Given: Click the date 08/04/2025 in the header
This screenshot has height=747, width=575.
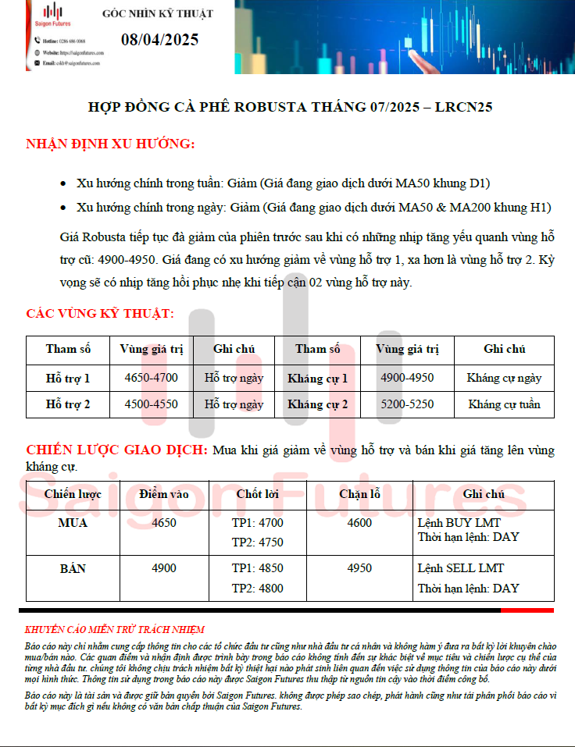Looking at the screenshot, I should click(x=159, y=40).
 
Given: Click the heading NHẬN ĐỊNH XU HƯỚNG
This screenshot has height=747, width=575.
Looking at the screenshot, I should click(x=110, y=144).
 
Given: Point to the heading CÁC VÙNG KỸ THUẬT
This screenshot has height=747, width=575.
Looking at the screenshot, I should click(x=100, y=314).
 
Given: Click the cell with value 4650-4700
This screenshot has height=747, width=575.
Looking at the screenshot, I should click(x=152, y=379).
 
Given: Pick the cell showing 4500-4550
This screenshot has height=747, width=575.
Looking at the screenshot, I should click(x=152, y=404).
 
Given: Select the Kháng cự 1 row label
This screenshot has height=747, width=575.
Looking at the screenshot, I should click(x=317, y=379).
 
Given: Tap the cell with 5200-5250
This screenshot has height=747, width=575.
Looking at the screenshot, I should click(x=407, y=404).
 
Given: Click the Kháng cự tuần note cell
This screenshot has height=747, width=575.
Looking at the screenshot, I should click(x=504, y=404).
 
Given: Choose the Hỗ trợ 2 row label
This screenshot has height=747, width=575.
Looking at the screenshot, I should click(x=68, y=404).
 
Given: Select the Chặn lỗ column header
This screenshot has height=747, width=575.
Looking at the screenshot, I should click(x=359, y=494).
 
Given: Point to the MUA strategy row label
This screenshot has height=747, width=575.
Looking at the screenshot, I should click(x=73, y=523).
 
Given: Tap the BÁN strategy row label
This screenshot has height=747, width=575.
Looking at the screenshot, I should click(x=73, y=568).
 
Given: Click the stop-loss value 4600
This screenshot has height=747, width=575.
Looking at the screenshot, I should click(x=359, y=523).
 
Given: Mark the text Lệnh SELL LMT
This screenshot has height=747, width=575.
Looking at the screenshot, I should click(x=461, y=568).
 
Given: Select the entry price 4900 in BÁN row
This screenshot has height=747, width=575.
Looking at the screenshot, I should click(x=164, y=568).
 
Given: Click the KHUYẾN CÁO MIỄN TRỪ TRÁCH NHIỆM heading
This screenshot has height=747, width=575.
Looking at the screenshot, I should click(x=114, y=629).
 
